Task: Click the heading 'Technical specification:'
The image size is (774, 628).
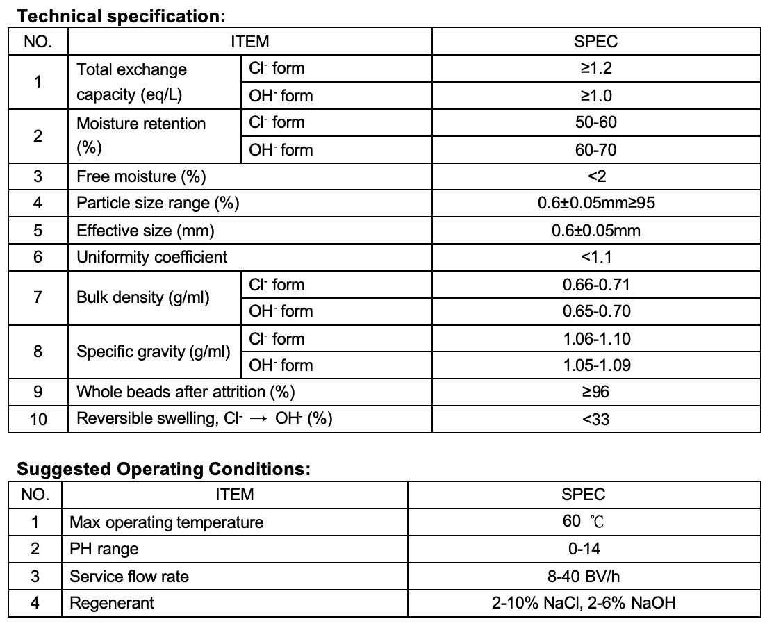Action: click(122, 15)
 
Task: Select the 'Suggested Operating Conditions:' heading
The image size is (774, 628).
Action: click(163, 469)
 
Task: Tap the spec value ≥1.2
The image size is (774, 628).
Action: click(596, 69)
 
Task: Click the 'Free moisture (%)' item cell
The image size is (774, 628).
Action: click(141, 176)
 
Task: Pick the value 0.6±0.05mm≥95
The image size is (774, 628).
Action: click(596, 204)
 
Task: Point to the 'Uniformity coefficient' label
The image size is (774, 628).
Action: click(151, 257)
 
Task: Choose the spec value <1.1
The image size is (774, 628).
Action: click(596, 257)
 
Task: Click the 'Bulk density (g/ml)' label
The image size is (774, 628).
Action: click(142, 298)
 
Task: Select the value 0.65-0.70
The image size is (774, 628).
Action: click(596, 311)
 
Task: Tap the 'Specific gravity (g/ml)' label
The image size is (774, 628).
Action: click(153, 352)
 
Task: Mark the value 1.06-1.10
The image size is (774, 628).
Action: click(596, 339)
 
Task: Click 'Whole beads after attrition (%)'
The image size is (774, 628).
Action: click(186, 392)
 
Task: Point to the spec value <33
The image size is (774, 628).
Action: click(596, 419)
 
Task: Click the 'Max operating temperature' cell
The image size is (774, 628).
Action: click(167, 522)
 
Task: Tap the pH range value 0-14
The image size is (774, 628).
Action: click(584, 549)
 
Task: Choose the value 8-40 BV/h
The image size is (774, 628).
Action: click(584, 576)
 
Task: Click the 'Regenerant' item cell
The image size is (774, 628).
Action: click(112, 602)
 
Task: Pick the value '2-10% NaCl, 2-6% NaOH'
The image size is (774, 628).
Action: click(584, 602)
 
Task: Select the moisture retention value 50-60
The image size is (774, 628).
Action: click(596, 123)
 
